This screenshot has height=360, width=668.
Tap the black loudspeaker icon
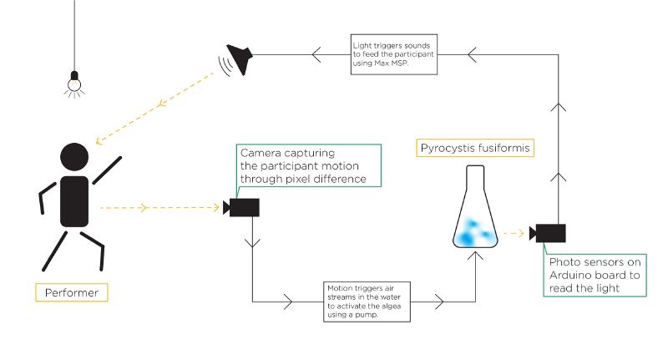click(x=240, y=61)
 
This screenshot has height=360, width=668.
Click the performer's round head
click(x=74, y=159)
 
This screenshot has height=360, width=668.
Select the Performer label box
click(x=73, y=293)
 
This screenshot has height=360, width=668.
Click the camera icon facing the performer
click(x=241, y=207)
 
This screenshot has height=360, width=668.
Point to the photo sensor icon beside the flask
click(x=549, y=233)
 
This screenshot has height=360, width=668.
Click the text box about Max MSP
click(x=393, y=54)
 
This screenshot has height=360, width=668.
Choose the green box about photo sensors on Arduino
click(x=595, y=275)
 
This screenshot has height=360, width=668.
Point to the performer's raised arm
click(x=106, y=171)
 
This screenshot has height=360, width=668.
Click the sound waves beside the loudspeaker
click(x=223, y=64)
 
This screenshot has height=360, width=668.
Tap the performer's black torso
click(x=74, y=200)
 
